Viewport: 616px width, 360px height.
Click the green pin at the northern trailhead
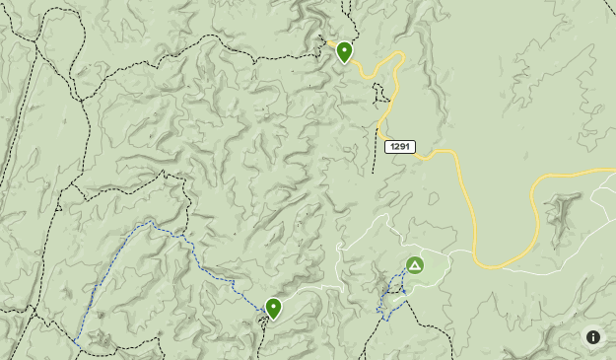[344, 52]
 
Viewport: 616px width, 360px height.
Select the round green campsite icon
[415, 265]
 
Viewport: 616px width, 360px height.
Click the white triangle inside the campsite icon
[415, 265]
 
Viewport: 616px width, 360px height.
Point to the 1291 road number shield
[399, 147]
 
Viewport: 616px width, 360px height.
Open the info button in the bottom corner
[593, 337]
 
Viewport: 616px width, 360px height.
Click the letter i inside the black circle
[593, 337]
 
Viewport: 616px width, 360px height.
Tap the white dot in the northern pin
[344, 48]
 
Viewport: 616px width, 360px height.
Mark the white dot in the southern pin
[273, 306]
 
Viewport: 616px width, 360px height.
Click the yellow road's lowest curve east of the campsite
[493, 267]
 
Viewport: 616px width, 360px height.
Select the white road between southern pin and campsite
[315, 288]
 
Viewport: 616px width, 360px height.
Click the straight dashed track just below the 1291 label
[375, 163]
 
